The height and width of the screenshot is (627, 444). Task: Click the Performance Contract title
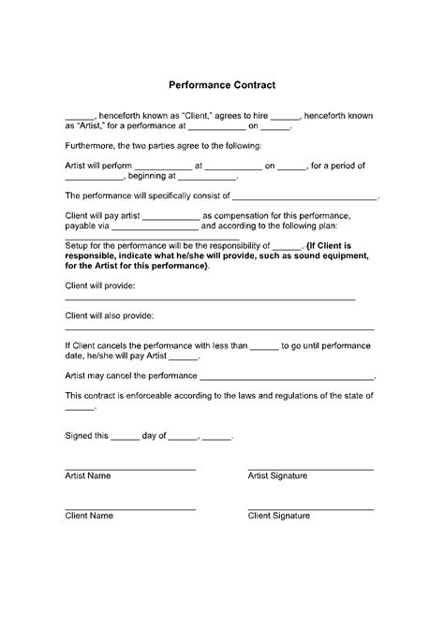pos(221,85)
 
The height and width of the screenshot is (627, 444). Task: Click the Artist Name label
pos(87,476)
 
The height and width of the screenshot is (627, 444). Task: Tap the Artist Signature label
pos(277,476)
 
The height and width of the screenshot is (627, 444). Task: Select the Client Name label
pos(88,516)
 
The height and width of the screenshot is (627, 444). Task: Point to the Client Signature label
pos(278,516)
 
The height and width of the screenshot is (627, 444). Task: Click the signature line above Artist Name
pos(130,468)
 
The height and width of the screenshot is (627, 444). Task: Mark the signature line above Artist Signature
pos(310,468)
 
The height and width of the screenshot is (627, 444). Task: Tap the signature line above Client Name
pos(130,508)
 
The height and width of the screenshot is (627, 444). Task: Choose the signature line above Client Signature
pos(310,508)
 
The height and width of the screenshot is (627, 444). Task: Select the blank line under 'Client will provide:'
pos(210,299)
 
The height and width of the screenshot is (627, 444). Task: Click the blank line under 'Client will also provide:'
pos(219,329)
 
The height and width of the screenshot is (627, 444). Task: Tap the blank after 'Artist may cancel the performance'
pos(288,376)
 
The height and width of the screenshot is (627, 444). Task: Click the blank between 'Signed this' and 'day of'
pos(125,438)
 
